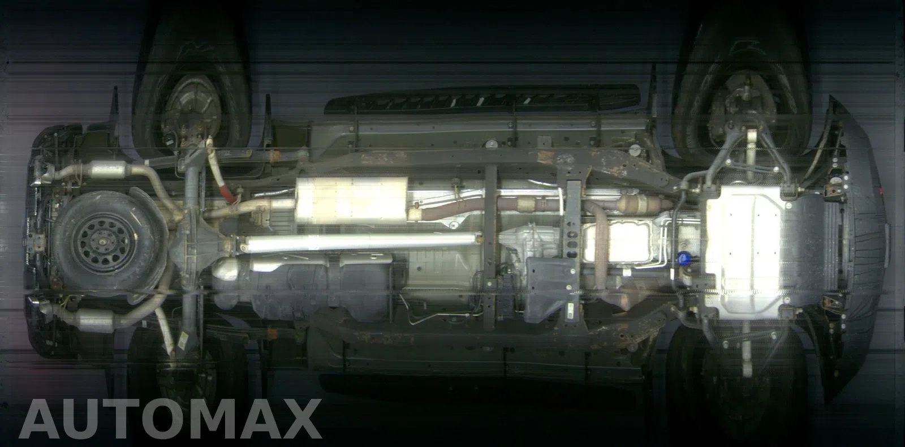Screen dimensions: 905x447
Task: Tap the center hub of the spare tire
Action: [102, 243]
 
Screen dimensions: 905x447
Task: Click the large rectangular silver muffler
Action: [351, 200]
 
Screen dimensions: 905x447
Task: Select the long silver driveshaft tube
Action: [360, 243]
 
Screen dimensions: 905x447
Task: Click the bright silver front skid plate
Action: [747, 251]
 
